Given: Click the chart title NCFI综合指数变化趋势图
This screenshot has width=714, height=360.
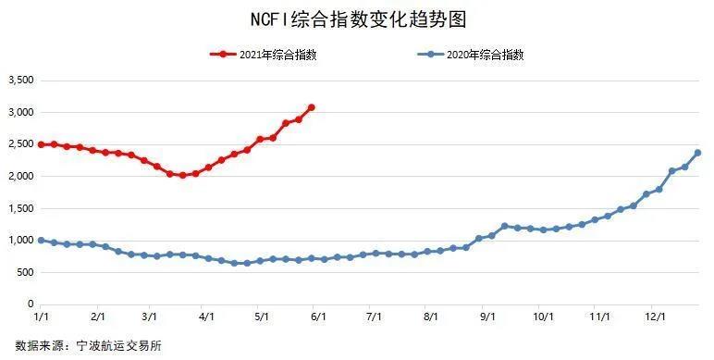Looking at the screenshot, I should (356, 19).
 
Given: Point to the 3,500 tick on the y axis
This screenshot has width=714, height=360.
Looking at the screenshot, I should (20, 81).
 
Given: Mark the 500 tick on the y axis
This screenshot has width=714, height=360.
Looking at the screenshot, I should (25, 272).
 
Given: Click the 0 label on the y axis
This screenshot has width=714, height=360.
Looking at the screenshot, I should (30, 304).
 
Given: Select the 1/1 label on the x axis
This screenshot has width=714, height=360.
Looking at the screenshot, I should (42, 317).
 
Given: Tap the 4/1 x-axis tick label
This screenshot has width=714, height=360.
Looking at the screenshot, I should (207, 317).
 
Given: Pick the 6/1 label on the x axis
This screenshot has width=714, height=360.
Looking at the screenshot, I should (318, 317).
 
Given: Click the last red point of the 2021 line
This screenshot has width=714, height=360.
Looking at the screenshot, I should (312, 107).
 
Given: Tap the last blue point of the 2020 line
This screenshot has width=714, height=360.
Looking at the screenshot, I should (697, 153).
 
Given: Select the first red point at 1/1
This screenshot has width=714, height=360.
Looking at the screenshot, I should (42, 144).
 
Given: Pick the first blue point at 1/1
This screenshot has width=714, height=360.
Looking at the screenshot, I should (42, 240).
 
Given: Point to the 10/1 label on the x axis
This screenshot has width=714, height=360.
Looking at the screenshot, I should (542, 317).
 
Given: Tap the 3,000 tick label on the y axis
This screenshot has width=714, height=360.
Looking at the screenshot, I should (20, 112).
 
